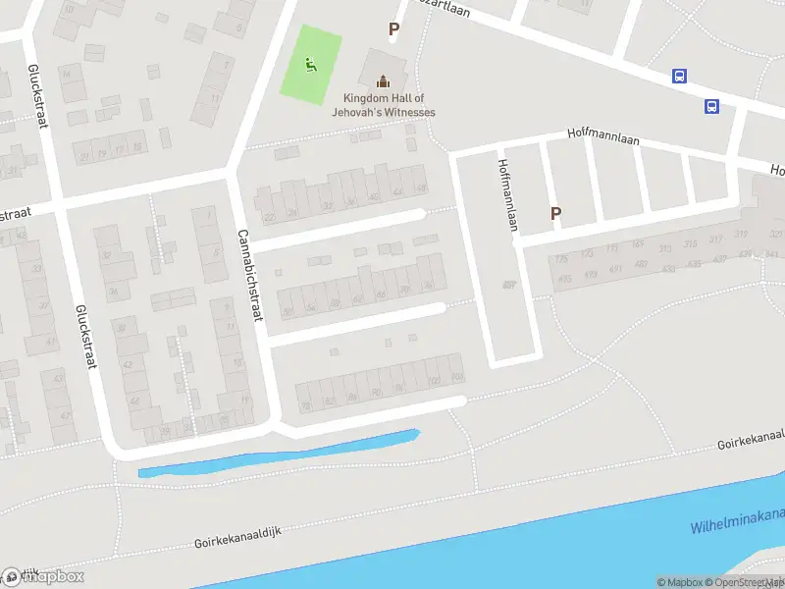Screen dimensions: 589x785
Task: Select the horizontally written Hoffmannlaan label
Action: click(x=602, y=139)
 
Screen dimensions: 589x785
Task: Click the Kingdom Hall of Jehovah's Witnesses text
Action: click(x=389, y=105)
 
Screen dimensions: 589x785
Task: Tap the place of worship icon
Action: click(x=383, y=80)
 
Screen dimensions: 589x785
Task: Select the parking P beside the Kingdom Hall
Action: click(x=393, y=29)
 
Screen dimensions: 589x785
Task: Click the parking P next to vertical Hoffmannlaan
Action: click(x=556, y=213)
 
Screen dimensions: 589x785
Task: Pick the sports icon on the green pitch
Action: click(x=311, y=66)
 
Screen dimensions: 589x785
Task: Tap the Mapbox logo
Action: click(x=43, y=576)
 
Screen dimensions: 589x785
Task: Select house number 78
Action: click(x=305, y=404)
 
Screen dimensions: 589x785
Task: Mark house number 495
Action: click(x=564, y=280)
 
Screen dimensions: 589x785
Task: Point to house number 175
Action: click(x=561, y=259)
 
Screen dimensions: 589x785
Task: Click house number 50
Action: click(x=288, y=312)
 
